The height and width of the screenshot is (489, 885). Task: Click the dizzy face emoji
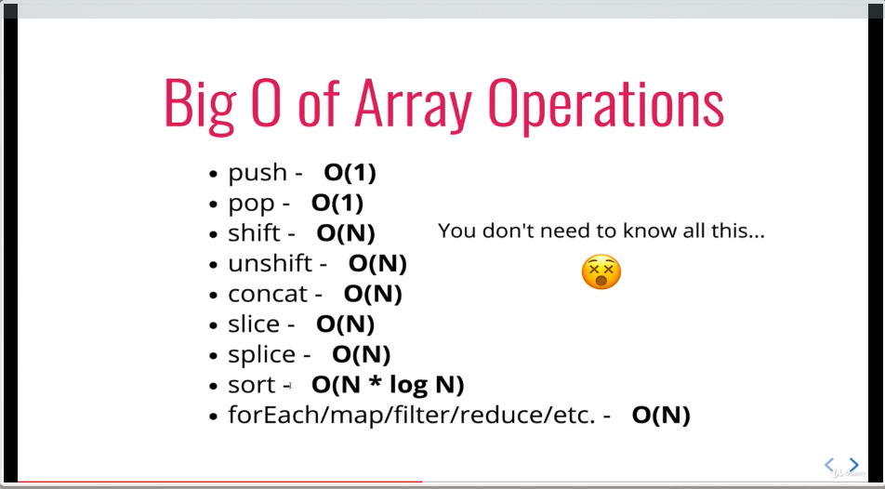pyautogui.click(x=601, y=272)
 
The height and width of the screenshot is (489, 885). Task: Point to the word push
pyautogui.click(x=258, y=173)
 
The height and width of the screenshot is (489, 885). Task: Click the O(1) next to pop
pyautogui.click(x=337, y=204)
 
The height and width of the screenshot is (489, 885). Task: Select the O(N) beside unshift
pyautogui.click(x=377, y=264)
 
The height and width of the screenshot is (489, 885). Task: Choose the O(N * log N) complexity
pyautogui.click(x=388, y=385)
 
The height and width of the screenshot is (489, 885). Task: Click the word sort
pyautogui.click(x=252, y=386)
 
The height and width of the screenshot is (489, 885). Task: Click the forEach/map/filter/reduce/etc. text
pyautogui.click(x=412, y=416)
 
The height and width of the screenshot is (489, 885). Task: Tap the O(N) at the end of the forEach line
pyautogui.click(x=661, y=416)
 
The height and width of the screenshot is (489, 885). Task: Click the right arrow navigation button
pyautogui.click(x=854, y=465)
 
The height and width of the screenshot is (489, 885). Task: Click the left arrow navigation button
pyautogui.click(x=829, y=465)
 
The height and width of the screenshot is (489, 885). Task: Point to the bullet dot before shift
pyautogui.click(x=213, y=234)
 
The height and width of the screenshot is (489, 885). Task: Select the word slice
pyautogui.click(x=254, y=324)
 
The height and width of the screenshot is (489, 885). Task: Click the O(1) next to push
pyautogui.click(x=350, y=173)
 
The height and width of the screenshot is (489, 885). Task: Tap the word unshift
pyautogui.click(x=270, y=264)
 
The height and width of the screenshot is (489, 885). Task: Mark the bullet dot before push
pyautogui.click(x=213, y=174)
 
